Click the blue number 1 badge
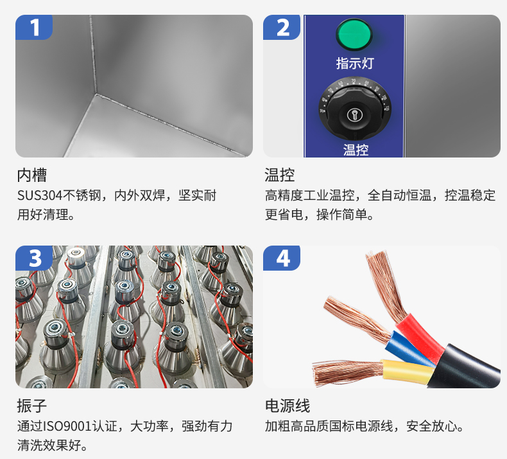(34, 27)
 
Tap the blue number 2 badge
(282, 27)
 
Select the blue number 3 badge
(34, 258)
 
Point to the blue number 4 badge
(282, 258)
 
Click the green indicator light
(354, 34)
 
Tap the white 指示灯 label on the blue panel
(355, 63)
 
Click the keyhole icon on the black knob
(354, 114)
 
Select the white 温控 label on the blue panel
(356, 150)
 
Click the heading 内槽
(32, 175)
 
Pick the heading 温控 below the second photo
(280, 175)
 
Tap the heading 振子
(32, 406)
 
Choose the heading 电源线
(288, 406)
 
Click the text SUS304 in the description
(39, 195)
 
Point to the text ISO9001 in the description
(67, 426)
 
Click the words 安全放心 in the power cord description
(432, 426)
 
